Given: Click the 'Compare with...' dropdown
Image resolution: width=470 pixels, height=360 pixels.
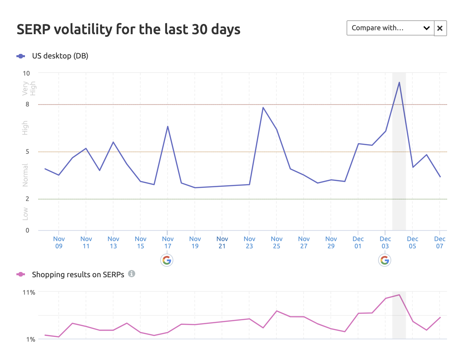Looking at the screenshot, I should (x=390, y=28).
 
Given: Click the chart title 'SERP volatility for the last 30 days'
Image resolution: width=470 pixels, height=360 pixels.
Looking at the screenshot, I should (x=128, y=29).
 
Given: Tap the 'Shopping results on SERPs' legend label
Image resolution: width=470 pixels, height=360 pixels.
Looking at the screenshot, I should (x=78, y=275).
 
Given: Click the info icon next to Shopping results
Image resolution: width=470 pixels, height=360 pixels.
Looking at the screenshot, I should (x=132, y=274).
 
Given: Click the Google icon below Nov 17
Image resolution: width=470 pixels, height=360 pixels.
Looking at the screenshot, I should (x=167, y=260).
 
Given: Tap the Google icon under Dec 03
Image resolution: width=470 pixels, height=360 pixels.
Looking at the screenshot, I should (x=385, y=260).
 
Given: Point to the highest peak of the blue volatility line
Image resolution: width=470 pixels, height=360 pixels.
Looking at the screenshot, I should (x=399, y=82).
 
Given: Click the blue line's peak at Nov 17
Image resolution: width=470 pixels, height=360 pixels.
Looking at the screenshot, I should (x=168, y=126).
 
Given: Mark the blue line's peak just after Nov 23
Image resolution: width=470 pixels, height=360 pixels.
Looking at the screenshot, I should (x=263, y=107).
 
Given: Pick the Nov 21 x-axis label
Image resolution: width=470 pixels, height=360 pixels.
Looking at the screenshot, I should (x=222, y=242).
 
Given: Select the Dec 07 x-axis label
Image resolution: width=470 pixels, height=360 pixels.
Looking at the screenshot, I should (x=439, y=242).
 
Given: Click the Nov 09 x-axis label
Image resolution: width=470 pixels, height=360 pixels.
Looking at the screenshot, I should (x=59, y=242).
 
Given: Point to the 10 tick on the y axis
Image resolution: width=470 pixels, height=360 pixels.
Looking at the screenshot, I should (x=26, y=73).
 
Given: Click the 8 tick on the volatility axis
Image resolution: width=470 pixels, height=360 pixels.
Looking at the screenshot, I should (x=28, y=104).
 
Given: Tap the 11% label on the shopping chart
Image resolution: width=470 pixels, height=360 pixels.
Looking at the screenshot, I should (x=29, y=292).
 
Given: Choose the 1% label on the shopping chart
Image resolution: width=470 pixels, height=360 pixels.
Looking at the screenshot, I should (x=31, y=339).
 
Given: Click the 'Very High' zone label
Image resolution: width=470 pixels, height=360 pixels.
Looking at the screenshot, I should (x=29, y=88).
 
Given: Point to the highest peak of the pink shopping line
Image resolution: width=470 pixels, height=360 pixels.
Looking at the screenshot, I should (x=399, y=295).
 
